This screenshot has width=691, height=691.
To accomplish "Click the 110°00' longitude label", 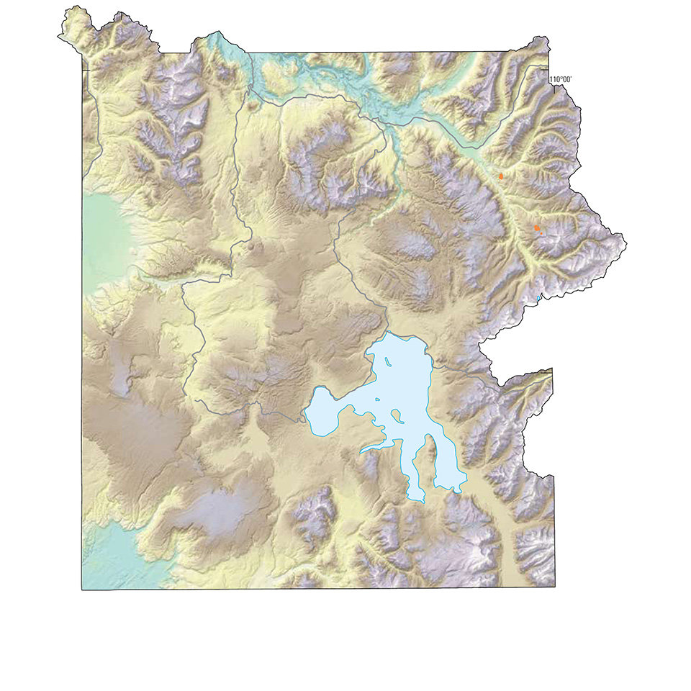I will click(561, 79).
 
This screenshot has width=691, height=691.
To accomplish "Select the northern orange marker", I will click(501, 175).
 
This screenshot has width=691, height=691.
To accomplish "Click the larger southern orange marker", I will click(537, 228).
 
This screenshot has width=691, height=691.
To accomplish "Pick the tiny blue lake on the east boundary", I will click(539, 297).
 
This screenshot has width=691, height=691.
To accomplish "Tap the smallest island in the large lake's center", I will click(378, 400).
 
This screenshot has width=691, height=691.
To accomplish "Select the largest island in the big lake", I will click(397, 416).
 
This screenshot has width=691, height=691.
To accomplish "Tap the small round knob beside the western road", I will click(250, 246).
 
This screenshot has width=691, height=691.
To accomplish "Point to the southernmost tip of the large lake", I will click(416, 499).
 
